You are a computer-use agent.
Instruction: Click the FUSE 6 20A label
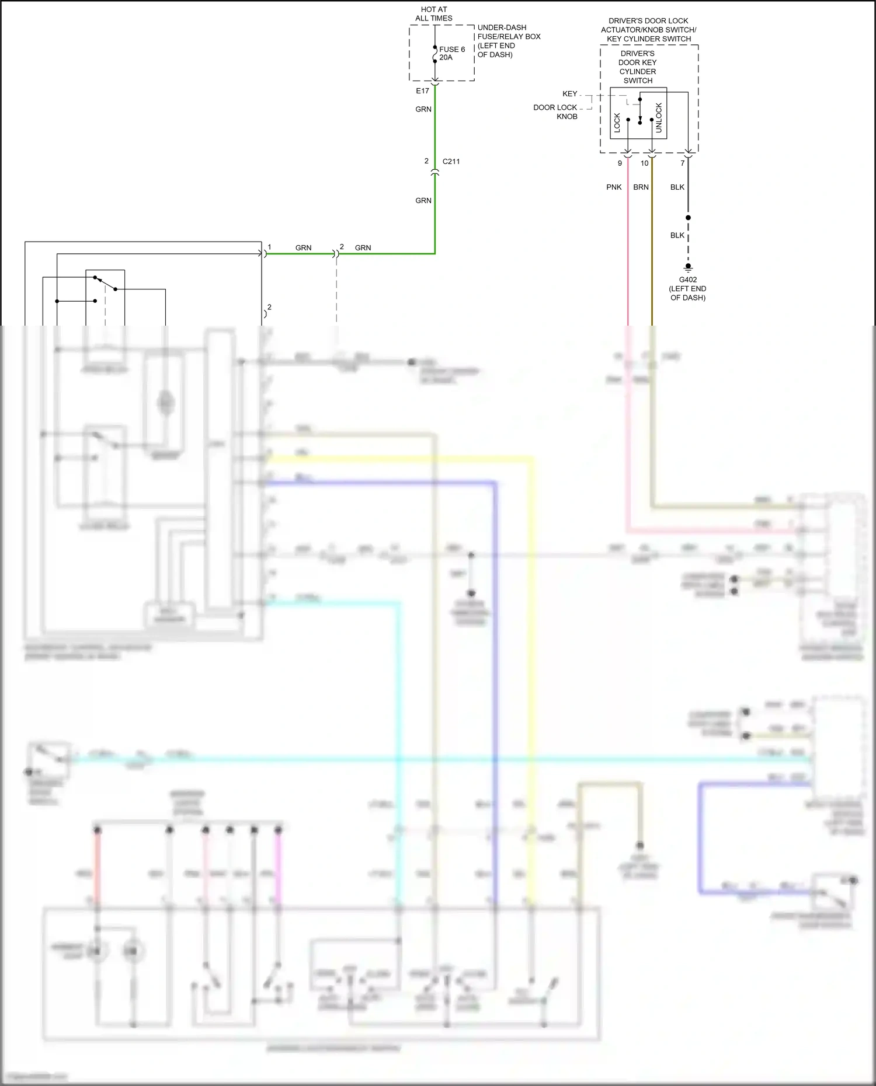point(451,53)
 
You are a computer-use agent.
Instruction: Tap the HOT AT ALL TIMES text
point(433,14)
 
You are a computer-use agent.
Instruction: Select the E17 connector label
point(422,91)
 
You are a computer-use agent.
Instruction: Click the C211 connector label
point(451,162)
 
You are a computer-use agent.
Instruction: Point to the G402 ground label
point(687,280)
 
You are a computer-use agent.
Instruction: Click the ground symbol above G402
point(688,268)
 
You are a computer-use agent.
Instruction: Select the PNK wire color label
point(614,187)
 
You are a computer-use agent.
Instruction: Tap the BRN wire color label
point(641,187)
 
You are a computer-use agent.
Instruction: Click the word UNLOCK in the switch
point(659,118)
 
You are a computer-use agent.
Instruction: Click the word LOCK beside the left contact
point(617,122)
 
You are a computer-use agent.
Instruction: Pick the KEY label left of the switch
point(569,94)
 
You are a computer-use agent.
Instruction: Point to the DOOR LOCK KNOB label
point(555,112)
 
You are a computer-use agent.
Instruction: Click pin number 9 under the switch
point(620,163)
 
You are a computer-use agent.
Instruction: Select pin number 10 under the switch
point(644,163)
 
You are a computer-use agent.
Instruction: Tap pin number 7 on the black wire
point(682,163)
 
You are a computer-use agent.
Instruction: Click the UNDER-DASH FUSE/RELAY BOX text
point(508,41)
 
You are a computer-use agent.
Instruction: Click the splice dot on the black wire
point(688,218)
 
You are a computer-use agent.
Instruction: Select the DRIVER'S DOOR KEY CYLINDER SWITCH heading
point(637,67)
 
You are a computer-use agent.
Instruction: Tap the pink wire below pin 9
point(628,245)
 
